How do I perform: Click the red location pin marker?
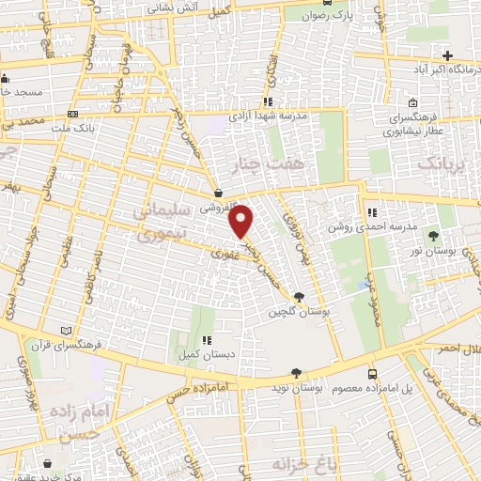click(x=242, y=221)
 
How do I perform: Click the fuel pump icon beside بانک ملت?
click(x=71, y=126)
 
